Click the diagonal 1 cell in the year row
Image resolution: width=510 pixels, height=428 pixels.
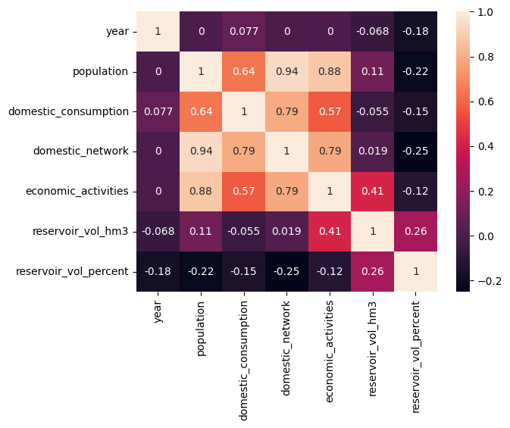(158, 32)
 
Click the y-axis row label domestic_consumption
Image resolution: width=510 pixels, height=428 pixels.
(68, 111)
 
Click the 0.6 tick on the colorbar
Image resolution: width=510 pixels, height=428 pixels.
(488, 102)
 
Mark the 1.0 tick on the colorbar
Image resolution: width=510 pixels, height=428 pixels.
(488, 12)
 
